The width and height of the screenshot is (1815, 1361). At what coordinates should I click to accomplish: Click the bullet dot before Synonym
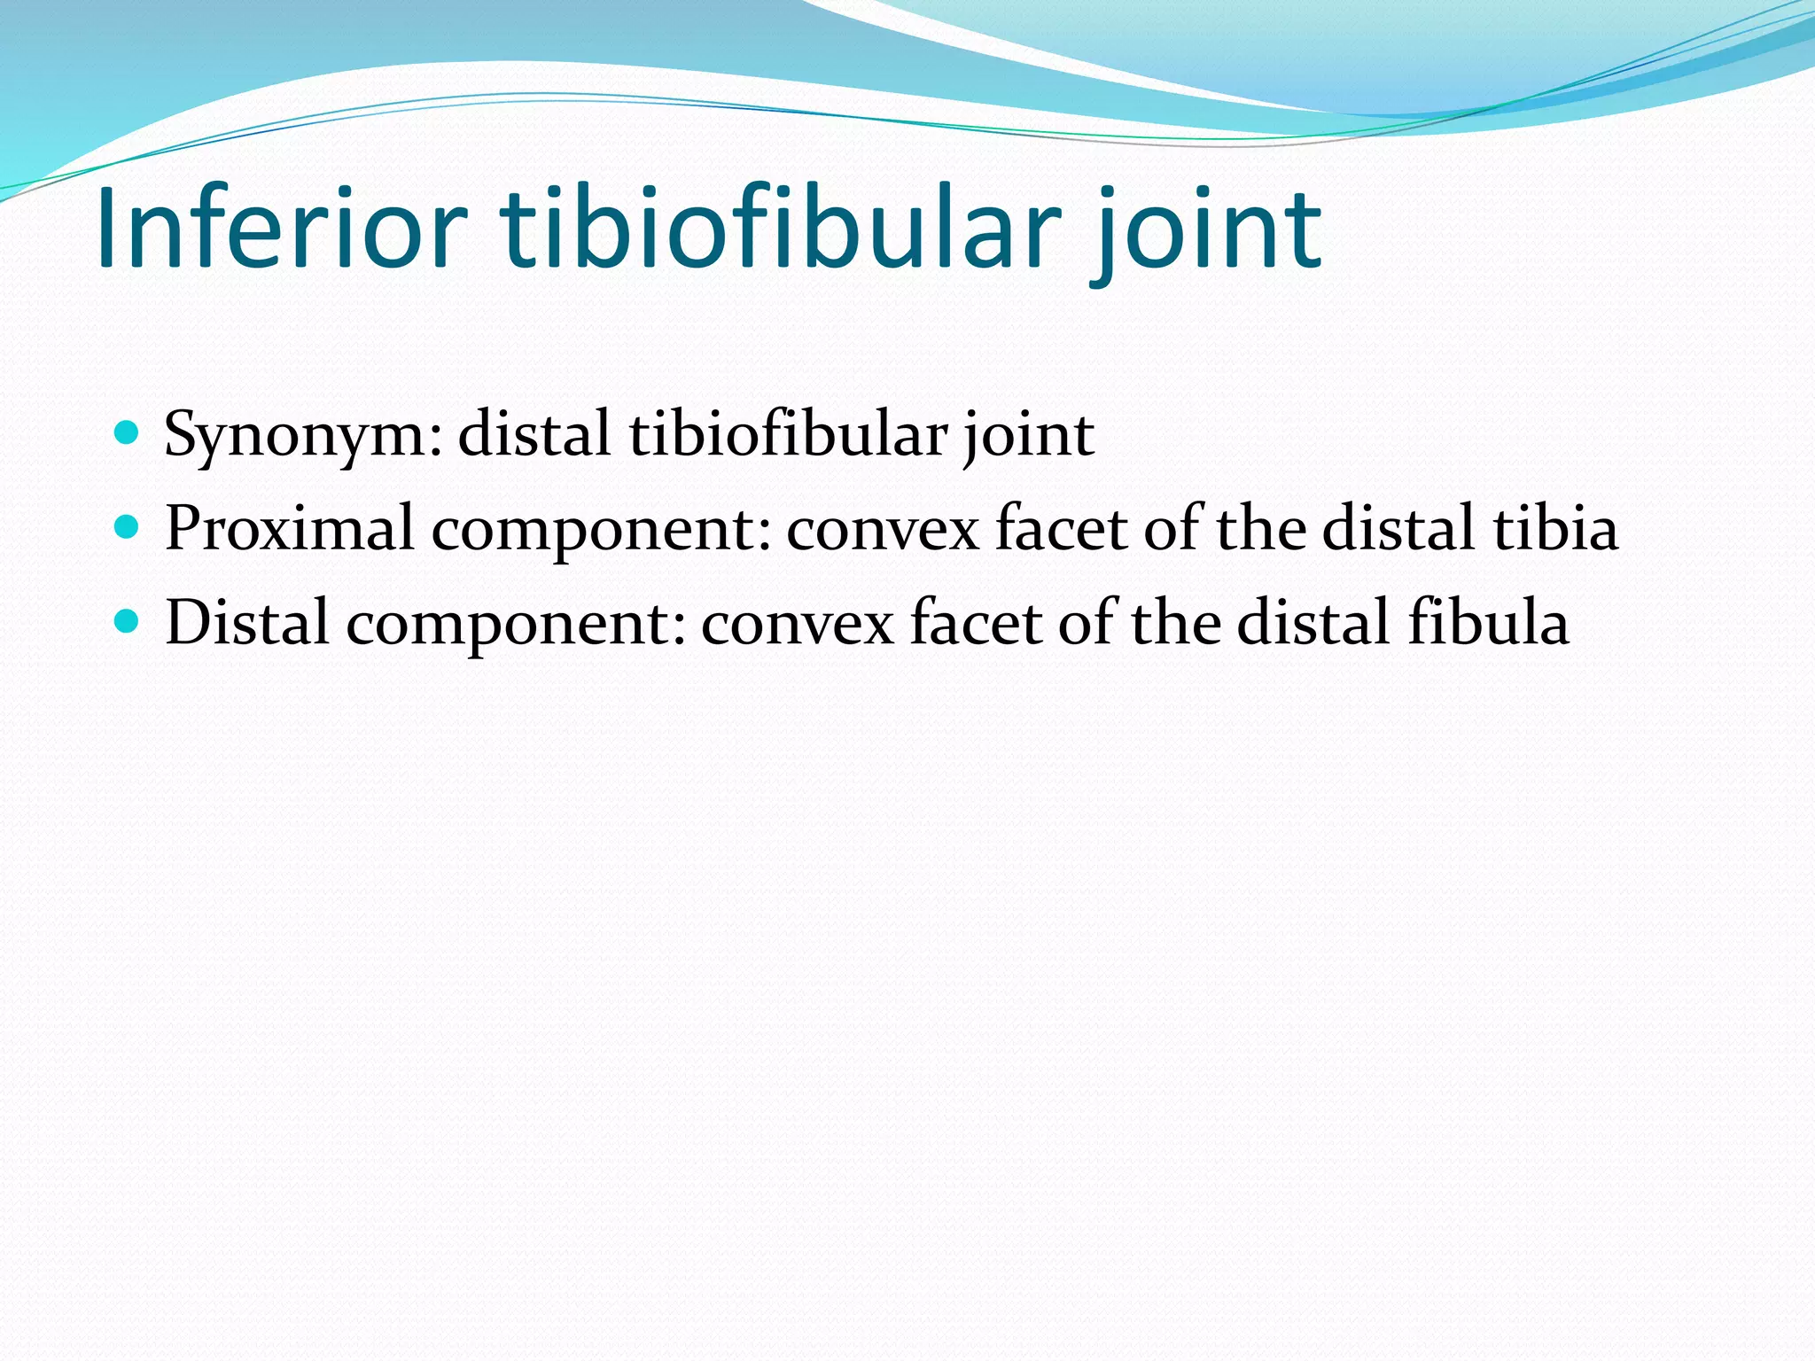[x=128, y=433]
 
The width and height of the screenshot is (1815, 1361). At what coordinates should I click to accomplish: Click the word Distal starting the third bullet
[x=247, y=622]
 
